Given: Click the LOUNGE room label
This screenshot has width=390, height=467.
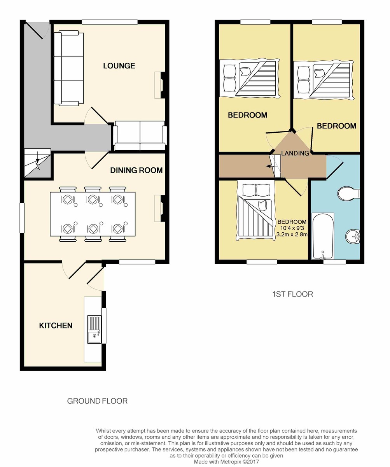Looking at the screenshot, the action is [x=119, y=66].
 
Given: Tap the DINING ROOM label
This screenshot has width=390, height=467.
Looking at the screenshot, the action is [x=136, y=170].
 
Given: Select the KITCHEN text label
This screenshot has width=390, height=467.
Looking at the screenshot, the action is [x=56, y=325].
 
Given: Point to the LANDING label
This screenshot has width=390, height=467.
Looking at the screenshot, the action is [x=295, y=153].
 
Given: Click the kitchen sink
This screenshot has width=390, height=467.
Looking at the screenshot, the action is [x=94, y=329].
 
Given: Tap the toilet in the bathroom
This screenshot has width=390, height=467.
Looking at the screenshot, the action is [x=349, y=193].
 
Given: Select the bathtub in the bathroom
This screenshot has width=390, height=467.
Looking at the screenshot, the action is [x=323, y=236].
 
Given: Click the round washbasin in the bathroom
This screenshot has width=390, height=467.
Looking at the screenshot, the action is [x=353, y=237].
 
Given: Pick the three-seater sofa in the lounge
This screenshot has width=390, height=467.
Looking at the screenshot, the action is [x=69, y=68].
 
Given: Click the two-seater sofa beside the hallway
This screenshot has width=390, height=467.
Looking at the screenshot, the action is [x=140, y=136].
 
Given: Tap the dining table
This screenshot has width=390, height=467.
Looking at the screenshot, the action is [x=93, y=214].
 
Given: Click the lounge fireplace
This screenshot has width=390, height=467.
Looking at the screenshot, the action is [x=159, y=85].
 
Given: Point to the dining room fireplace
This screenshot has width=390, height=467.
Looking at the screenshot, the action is [x=159, y=208].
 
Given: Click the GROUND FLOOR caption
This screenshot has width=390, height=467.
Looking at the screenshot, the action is [x=98, y=401].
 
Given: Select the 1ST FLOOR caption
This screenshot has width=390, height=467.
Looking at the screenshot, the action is [x=292, y=294].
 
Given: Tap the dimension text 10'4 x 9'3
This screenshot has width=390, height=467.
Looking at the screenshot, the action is [x=292, y=228].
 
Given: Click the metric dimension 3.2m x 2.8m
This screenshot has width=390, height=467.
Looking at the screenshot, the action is [x=292, y=235].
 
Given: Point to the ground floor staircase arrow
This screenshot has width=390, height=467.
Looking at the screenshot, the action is [x=38, y=157].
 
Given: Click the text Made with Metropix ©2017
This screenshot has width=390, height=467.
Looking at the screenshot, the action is [x=226, y=462].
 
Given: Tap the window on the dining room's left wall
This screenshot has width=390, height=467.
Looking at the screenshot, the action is [x=22, y=218].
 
